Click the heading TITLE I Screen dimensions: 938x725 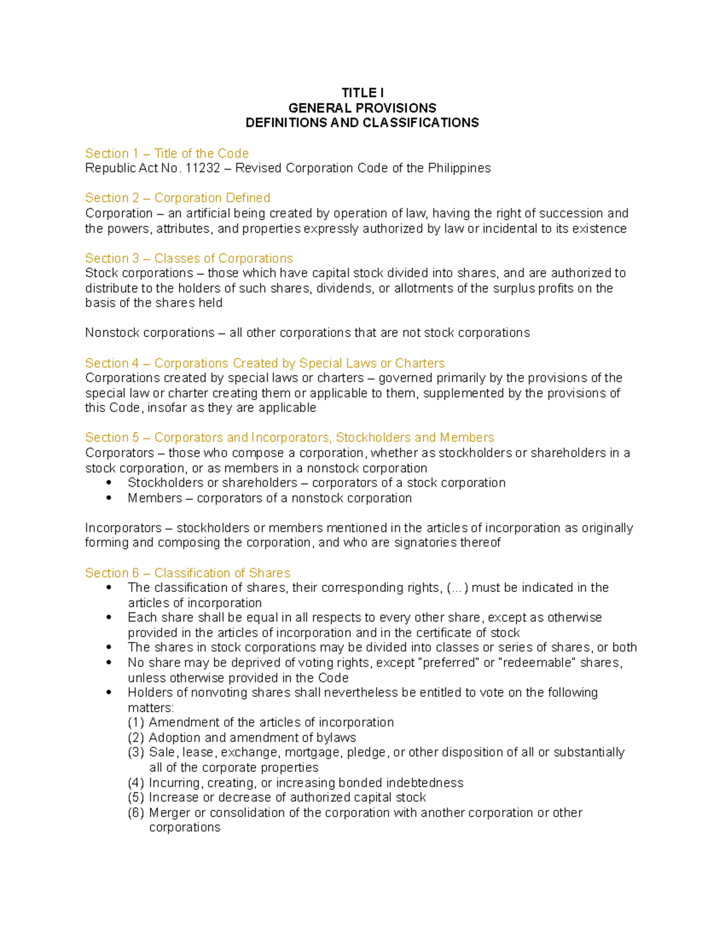[362, 93]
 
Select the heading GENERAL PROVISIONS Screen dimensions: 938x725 [362, 108]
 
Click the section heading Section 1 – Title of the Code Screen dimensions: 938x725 [167, 153]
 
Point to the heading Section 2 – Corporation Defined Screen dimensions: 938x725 [178, 198]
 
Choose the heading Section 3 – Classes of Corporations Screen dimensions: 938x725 [189, 259]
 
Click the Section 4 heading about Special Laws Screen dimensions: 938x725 [265, 363]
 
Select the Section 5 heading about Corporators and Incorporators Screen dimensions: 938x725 [289, 437]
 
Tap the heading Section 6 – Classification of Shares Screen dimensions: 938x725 [187, 573]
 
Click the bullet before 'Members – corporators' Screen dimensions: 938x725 [109, 498]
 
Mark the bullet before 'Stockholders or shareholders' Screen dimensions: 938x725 [109, 483]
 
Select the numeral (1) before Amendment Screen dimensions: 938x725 [136, 722]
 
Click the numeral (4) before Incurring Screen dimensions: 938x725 [136, 783]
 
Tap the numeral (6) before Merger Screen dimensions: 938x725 [136, 813]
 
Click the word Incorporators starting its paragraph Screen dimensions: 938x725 [123, 528]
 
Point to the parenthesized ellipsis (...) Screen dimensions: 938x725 [457, 588]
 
